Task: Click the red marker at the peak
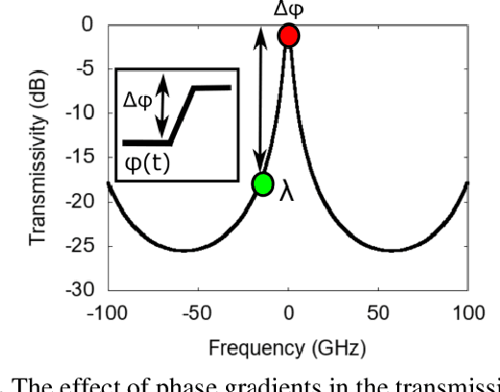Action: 288,36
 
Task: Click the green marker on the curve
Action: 262,184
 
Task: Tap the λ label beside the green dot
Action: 286,192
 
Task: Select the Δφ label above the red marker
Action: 288,9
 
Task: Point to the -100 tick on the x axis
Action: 108,312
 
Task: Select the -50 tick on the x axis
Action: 198,312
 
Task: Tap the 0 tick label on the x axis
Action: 288,312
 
